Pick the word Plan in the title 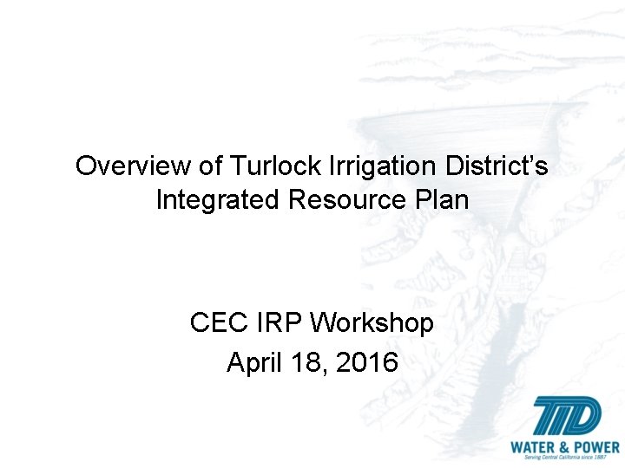coord(444,200)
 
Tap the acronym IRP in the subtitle coord(280,323)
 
